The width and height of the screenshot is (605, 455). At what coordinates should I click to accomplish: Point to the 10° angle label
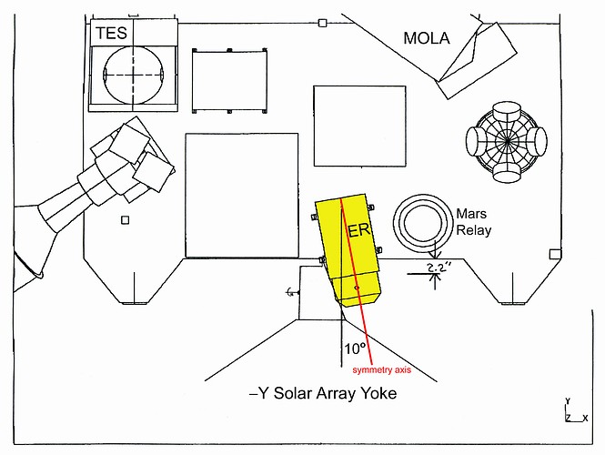pyautogui.click(x=354, y=349)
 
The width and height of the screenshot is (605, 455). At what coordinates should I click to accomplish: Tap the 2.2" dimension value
pyautogui.click(x=439, y=268)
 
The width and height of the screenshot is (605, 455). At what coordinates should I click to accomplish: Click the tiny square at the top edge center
pyautogui.click(x=322, y=23)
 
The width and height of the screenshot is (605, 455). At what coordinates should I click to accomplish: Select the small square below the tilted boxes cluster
pyautogui.click(x=126, y=220)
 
